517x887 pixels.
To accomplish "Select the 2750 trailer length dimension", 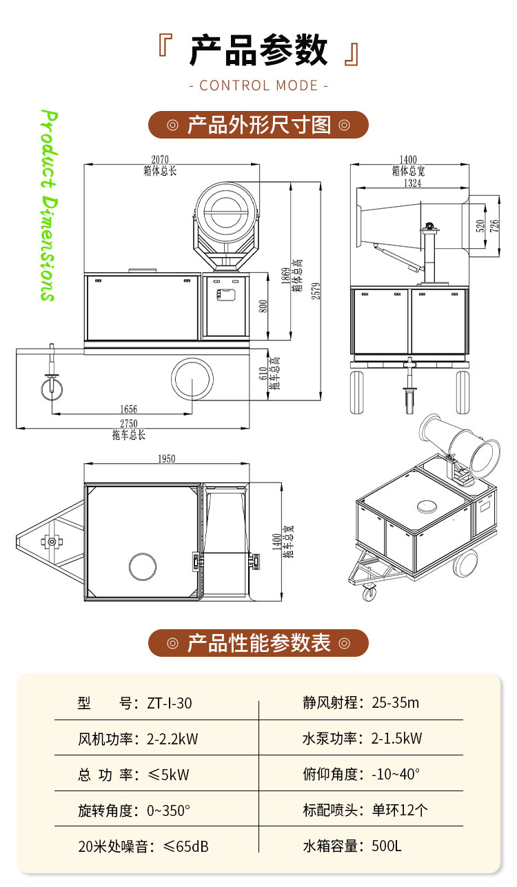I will tap(129, 425).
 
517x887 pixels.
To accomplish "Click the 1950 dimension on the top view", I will tap(166, 458).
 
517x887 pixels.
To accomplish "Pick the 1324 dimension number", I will tap(412, 183).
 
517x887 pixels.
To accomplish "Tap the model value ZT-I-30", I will tap(170, 704).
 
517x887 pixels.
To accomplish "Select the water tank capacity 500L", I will tap(386, 846).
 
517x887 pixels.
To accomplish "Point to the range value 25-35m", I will tap(395, 703).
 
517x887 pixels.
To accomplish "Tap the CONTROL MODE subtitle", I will tap(258, 85).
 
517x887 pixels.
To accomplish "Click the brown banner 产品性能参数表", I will tap(258, 643).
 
